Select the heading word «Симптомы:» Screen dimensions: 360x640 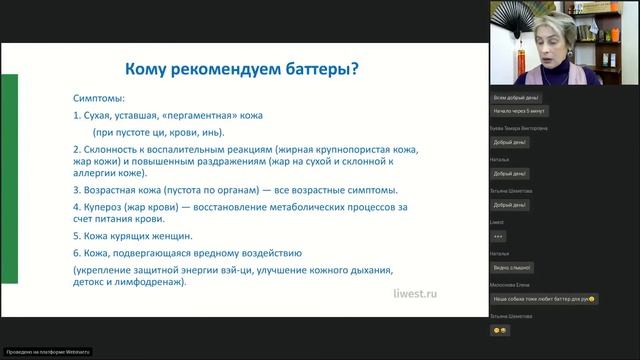98,100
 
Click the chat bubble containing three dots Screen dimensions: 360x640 499,235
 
